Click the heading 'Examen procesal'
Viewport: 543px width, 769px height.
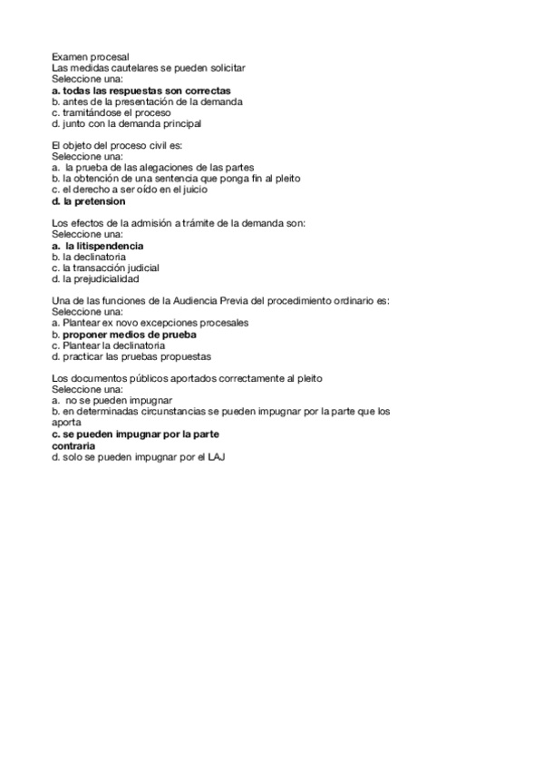[90, 57]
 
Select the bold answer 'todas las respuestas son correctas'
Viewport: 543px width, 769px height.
[147, 91]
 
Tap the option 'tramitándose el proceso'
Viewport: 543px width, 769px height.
[112, 112]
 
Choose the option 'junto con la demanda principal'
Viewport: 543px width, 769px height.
[131, 123]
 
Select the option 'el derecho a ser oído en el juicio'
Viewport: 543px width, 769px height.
[135, 190]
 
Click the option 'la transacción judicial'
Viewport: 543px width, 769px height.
[111, 268]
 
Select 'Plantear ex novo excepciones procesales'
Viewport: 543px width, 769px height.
[156, 323]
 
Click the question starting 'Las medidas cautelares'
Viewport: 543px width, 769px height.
[148, 68]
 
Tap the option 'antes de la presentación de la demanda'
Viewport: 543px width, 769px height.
[150, 102]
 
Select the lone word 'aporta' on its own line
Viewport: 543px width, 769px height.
[67, 423]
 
